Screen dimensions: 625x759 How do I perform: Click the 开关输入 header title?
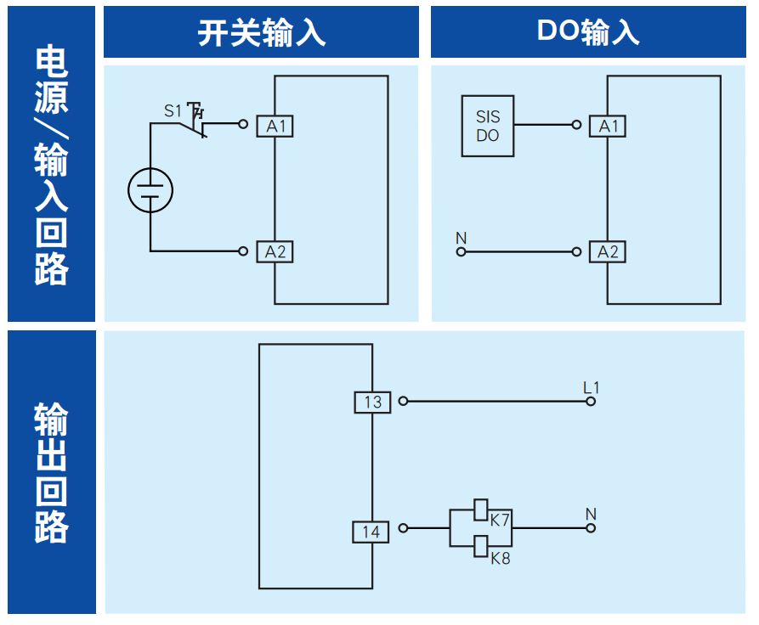261,32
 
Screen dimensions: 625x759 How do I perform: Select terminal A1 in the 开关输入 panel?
275,127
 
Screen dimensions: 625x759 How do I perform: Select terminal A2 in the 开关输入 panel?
275,251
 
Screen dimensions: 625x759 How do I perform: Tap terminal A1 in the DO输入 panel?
608,127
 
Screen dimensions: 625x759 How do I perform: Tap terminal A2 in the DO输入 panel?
608,251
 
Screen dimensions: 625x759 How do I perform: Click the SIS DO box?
487,126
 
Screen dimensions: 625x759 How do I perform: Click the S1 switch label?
173,110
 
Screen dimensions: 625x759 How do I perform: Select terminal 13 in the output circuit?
372,402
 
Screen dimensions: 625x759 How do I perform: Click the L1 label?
591,387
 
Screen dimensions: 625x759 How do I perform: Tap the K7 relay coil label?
500,520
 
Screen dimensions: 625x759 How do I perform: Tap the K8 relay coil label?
500,559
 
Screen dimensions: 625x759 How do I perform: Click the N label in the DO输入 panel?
462,238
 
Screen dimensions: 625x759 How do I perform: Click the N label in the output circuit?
591,514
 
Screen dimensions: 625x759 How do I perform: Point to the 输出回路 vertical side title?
52,472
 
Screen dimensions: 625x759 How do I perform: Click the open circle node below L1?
591,401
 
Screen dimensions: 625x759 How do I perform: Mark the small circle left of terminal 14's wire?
403,528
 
